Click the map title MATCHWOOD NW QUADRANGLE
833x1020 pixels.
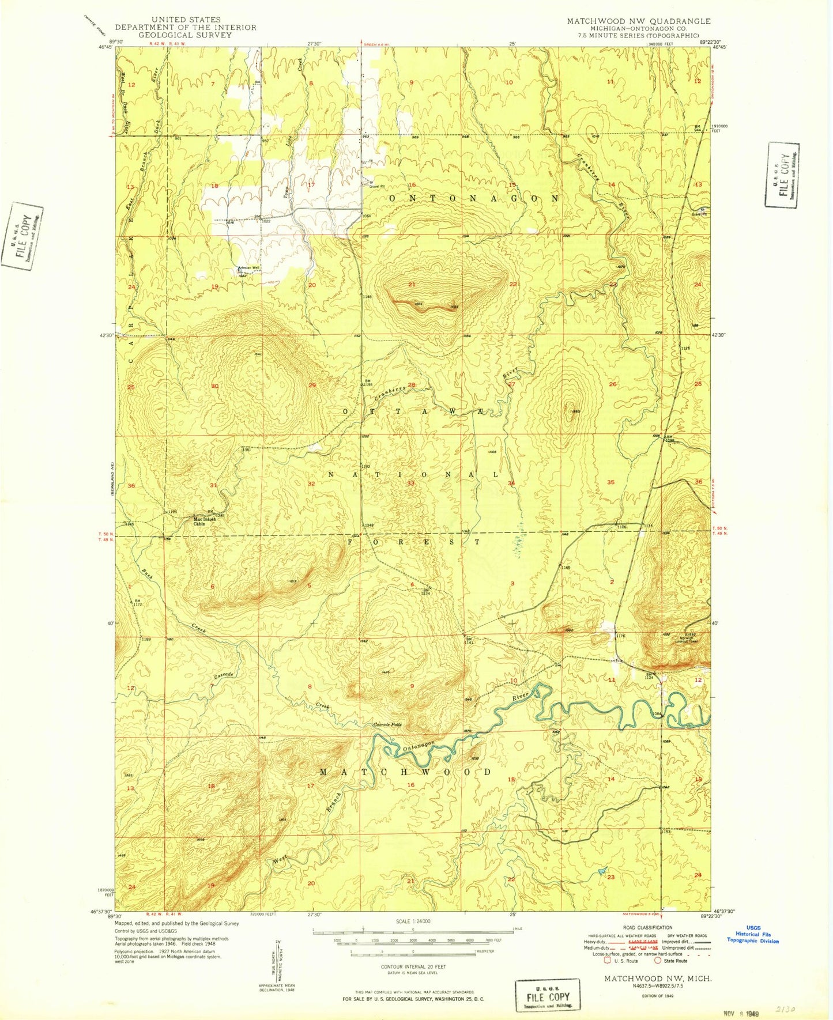(638, 21)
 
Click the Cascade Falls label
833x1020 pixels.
(386, 724)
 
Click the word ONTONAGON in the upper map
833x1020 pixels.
(474, 198)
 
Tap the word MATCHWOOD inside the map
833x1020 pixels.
(405, 772)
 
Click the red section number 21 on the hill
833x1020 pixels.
(412, 285)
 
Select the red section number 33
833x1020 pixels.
(411, 483)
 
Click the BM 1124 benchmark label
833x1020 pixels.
(649, 676)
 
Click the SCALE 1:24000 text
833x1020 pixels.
(412, 921)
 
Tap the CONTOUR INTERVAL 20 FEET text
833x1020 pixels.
(413, 966)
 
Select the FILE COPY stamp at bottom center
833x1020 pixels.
(548, 995)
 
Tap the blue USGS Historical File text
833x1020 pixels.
(753, 934)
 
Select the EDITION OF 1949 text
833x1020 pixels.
(657, 995)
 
